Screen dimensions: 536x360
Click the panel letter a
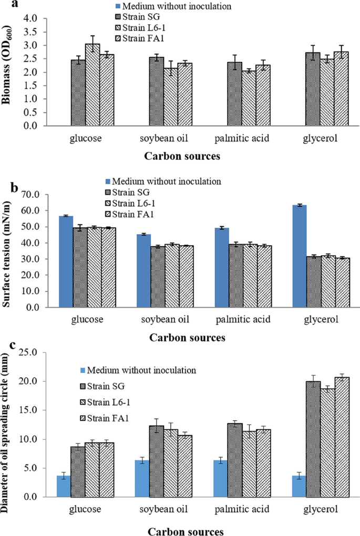point(5,6)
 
